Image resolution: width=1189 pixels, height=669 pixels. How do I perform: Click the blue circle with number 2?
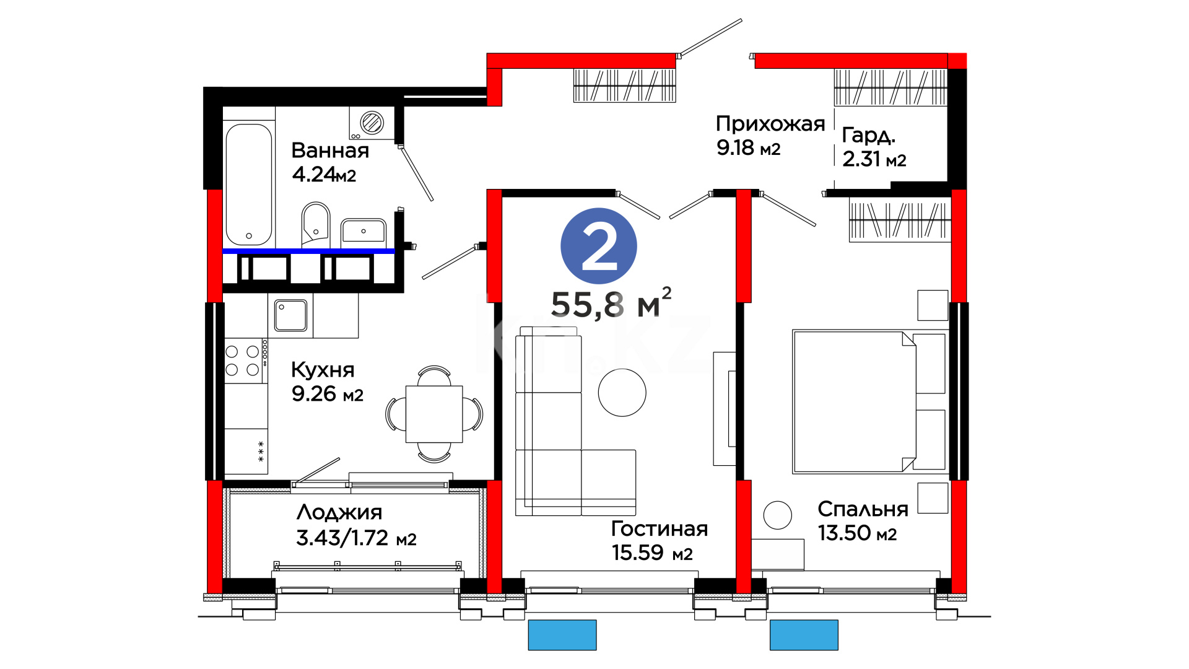598,246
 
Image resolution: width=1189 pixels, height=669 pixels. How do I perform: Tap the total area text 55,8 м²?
611,304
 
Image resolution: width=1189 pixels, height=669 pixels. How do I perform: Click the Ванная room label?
330,151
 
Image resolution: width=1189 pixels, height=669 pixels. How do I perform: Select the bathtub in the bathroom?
249,185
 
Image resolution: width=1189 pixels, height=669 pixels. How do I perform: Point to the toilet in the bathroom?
316,224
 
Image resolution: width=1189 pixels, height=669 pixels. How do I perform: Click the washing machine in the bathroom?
372,123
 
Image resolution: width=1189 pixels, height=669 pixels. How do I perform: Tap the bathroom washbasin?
364,233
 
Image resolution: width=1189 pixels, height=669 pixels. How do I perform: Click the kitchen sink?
291,315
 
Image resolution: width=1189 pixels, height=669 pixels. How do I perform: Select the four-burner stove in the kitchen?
246,361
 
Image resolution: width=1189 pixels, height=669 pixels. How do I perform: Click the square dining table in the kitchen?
434,414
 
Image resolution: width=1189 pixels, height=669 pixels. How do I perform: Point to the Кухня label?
323,370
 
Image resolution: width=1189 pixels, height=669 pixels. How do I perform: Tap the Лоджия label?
339,512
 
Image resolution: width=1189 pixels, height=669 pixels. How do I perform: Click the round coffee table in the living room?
622,393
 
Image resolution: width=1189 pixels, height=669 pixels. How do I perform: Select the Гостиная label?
660,528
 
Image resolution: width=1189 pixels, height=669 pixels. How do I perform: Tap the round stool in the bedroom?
777,515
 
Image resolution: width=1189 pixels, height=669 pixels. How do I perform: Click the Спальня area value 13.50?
844,533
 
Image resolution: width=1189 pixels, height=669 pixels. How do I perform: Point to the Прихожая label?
770,124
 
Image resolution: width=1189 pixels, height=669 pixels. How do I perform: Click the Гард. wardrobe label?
869,136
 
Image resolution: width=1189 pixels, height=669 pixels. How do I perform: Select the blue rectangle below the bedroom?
804,635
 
